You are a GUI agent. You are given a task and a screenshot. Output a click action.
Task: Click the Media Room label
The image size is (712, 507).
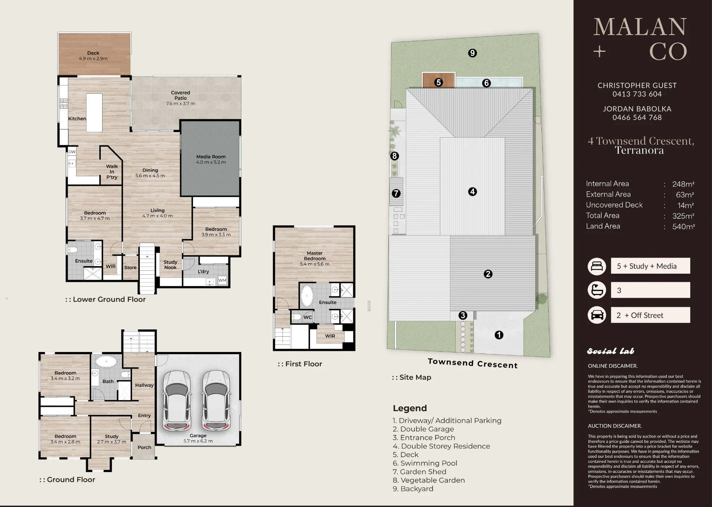coord(211,157)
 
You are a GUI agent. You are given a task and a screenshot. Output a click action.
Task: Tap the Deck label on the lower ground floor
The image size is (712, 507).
coord(93,53)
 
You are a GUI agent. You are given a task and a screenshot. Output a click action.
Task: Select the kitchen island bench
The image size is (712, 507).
coord(94,113)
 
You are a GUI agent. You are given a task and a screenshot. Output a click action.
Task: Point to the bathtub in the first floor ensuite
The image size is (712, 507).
coord(307,296)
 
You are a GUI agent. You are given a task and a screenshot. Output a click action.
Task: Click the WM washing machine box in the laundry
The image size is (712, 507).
coord(222,280)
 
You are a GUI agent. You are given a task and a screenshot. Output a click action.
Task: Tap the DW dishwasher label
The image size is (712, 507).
coord(72,152)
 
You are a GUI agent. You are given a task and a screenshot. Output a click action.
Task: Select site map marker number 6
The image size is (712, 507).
coord(486,83)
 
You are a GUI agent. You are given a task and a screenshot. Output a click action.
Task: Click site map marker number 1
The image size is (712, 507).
coord(499,335)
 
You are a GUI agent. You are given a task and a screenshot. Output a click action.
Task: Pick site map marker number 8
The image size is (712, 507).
coord(394,156)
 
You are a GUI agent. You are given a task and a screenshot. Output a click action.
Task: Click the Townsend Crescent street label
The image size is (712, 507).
coord(473,363)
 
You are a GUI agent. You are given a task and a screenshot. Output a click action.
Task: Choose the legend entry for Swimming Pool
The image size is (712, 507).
coord(425,463)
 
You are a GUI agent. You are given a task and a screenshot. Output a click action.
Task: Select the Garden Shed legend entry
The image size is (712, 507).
coord(419,472)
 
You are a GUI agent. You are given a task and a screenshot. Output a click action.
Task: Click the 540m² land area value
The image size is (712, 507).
coord(684,226)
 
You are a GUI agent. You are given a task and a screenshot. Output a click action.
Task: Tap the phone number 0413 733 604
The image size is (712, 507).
coord(637,94)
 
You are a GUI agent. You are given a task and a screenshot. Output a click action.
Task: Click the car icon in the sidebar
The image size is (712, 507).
coord(597,315)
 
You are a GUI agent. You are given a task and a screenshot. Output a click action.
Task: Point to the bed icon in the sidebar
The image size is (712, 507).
coord(597,266)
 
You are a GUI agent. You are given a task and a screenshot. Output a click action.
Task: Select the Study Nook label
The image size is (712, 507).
coord(171,265)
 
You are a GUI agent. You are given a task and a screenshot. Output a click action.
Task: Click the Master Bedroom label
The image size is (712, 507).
coord(315,256)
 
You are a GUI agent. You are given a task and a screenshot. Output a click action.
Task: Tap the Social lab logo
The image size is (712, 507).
coord(611,351)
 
